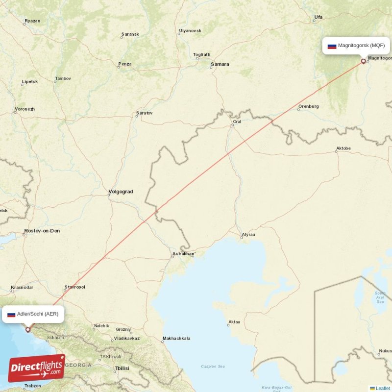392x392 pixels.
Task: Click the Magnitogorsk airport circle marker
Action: click(363, 61)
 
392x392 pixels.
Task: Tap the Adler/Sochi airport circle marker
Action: click(28, 329)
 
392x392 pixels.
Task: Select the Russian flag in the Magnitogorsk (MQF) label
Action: click(332, 46)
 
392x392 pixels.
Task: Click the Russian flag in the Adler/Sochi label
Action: click(11, 314)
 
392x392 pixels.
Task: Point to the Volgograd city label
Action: click(121, 192)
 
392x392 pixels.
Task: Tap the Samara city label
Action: click(220, 64)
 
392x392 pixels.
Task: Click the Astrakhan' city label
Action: click(184, 254)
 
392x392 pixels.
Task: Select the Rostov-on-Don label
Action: click(42, 231)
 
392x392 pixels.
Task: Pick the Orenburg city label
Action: click(309, 106)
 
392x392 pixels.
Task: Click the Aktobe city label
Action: click(343, 148)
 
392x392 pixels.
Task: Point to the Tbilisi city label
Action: click(122, 368)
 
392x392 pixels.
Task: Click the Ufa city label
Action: click(318, 17)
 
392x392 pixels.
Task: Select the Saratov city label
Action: click(145, 113)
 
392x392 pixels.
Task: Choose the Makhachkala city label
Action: click(176, 339)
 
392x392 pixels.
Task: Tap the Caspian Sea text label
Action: click(213, 366)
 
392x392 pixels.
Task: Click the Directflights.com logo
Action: click(36, 368)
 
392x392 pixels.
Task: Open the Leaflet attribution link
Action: click(382, 388)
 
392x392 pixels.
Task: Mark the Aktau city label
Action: click(234, 322)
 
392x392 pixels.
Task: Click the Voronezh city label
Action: click(24, 109)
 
